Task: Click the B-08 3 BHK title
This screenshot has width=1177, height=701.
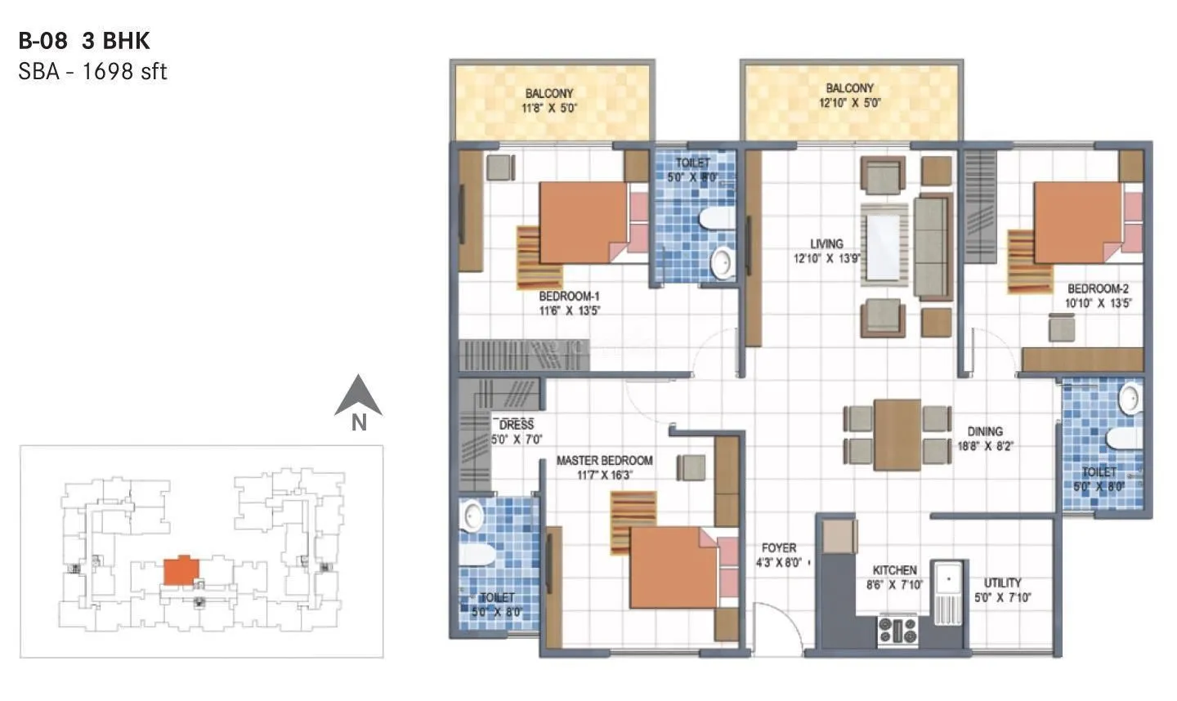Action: click(x=84, y=41)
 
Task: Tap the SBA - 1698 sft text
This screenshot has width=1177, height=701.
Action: click(x=92, y=72)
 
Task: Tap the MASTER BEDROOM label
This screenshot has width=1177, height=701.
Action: click(x=604, y=461)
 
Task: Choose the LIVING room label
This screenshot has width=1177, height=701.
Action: click(x=826, y=243)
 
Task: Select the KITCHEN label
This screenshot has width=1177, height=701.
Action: click(x=894, y=570)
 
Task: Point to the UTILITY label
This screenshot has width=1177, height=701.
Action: click(x=1002, y=583)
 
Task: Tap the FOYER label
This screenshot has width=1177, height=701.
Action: click(x=778, y=547)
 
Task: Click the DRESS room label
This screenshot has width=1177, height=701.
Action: click(x=516, y=425)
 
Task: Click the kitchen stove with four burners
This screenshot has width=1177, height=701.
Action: click(x=897, y=631)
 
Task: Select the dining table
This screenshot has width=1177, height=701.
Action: click(x=897, y=434)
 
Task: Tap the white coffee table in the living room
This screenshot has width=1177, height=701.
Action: click(x=884, y=244)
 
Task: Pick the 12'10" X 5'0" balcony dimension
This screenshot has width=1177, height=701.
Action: click(x=849, y=103)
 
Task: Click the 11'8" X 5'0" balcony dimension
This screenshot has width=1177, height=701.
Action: click(x=549, y=107)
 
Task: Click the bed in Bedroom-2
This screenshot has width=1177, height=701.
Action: click(x=1079, y=221)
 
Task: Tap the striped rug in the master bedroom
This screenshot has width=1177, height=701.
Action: click(x=633, y=521)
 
